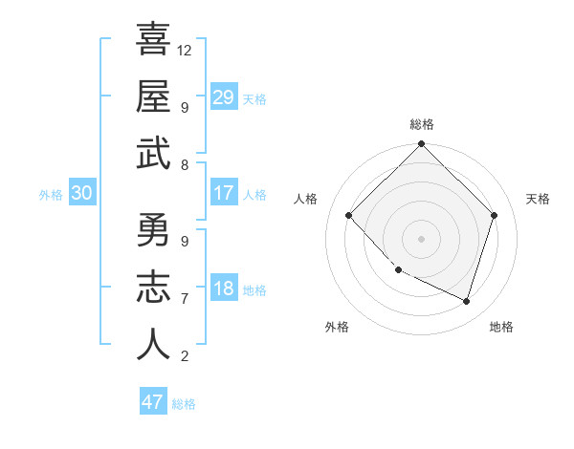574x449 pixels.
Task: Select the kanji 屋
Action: tap(153, 96)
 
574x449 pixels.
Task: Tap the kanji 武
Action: tap(153, 154)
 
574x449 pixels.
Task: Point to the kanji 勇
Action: tap(153, 230)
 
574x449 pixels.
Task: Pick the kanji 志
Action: tap(153, 288)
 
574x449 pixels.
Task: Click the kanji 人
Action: tap(153, 345)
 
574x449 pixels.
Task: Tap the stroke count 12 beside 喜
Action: tap(185, 50)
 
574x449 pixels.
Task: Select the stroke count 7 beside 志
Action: tap(185, 299)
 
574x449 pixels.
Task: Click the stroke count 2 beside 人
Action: tap(185, 356)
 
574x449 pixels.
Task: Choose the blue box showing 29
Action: tap(224, 97)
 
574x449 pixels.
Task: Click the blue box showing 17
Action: tap(224, 194)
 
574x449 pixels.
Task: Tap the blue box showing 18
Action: tap(224, 289)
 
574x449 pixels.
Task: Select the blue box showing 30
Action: tap(81, 194)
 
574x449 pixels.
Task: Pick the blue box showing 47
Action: tap(153, 402)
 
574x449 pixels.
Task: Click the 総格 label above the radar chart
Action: tap(422, 124)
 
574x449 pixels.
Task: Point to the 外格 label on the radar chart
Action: tap(337, 327)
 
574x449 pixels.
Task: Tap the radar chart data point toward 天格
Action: tap(495, 215)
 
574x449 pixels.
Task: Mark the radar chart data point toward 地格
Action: tap(467, 302)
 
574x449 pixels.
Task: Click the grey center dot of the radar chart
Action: tap(422, 239)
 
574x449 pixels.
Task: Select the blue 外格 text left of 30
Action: tap(51, 195)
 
